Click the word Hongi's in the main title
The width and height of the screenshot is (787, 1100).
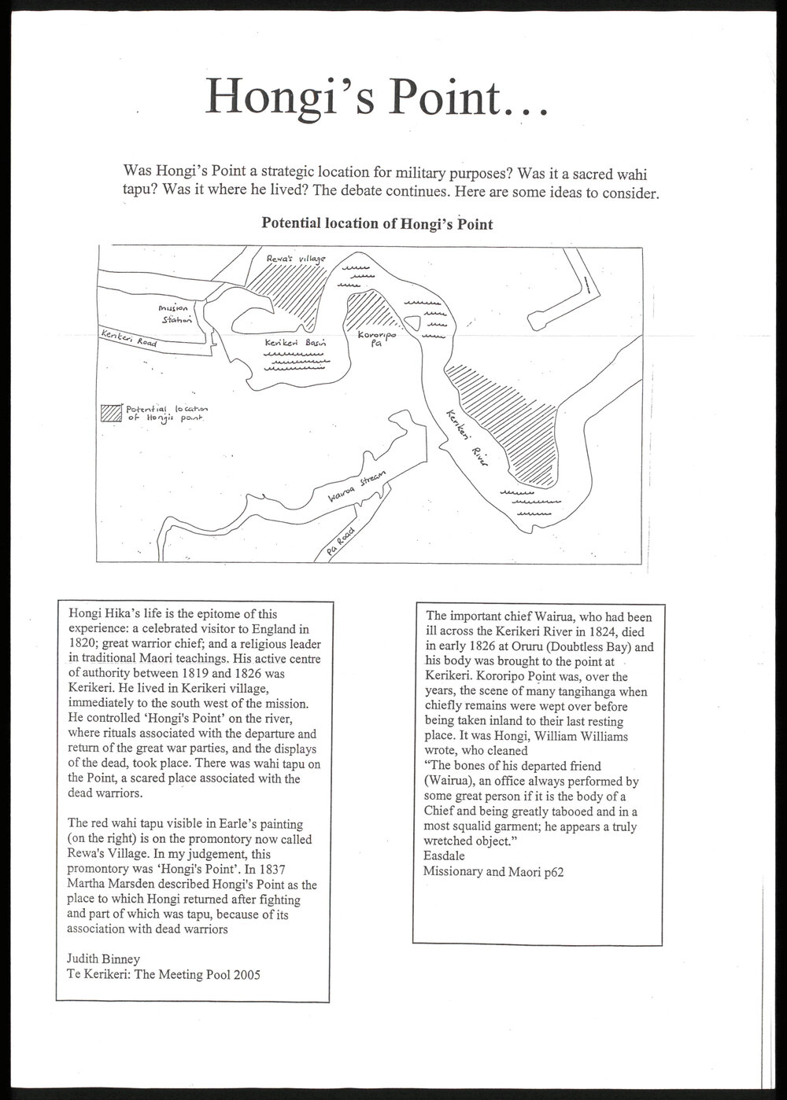[290, 97]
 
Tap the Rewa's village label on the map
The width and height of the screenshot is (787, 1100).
[296, 259]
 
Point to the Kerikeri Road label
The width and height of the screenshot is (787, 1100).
[129, 338]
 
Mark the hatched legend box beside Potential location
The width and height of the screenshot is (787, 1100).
[111, 413]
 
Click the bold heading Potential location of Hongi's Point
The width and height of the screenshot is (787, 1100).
[377, 223]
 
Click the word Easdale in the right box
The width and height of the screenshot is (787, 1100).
[444, 855]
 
